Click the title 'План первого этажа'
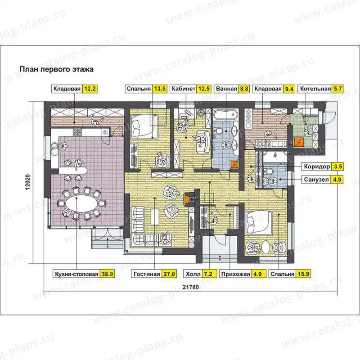[x=57, y=69]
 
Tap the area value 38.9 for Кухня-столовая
[x=107, y=274]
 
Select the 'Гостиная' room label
[x=147, y=274]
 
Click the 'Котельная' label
[x=315, y=89]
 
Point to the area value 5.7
[x=338, y=89]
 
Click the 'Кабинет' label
[x=184, y=89]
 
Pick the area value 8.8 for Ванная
[x=244, y=89]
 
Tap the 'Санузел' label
[x=316, y=180]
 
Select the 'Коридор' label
[x=317, y=166]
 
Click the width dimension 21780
[x=191, y=287]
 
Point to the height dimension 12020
[x=28, y=183]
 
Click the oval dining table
[x=81, y=203]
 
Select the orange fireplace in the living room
[x=189, y=199]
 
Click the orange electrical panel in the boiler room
[x=299, y=142]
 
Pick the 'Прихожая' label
[x=235, y=274]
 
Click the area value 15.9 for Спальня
[x=303, y=274]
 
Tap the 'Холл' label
[x=193, y=274]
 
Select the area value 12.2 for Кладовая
[x=90, y=89]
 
